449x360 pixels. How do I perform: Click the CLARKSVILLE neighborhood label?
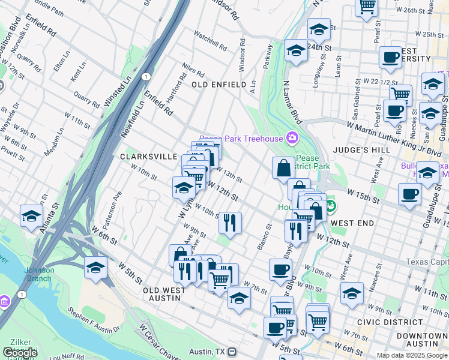coord(148,156)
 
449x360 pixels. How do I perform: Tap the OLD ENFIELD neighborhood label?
coord(219,85)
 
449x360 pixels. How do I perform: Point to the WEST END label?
coord(352,223)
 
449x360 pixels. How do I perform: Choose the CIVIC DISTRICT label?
coord(384,321)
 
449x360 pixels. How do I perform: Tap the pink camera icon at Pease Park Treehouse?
coord(292,138)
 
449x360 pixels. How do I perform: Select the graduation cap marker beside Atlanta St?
coord(31,215)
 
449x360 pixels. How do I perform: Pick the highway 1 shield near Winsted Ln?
coord(146,76)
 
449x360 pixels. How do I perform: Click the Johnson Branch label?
coord(39,274)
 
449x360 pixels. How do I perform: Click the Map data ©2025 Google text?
coord(412,355)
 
